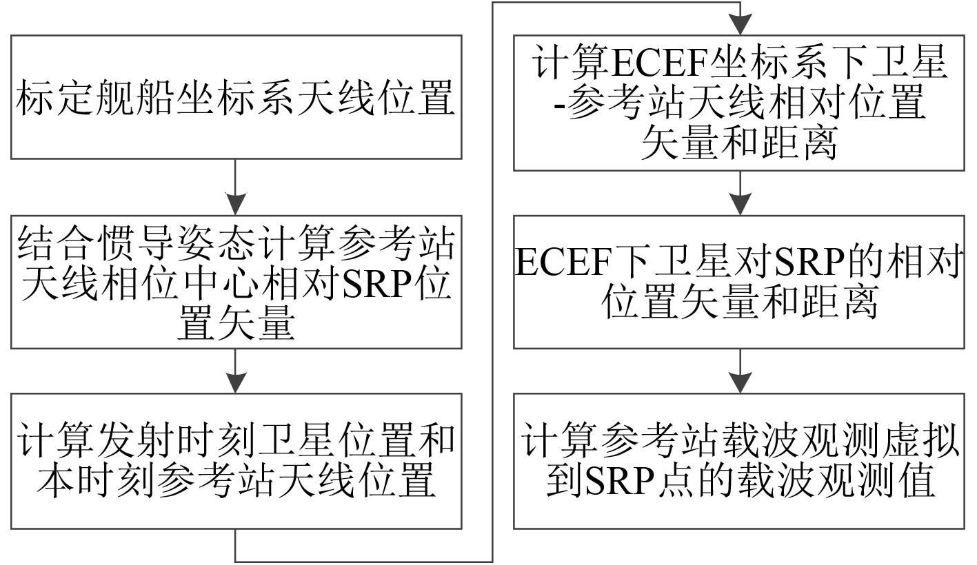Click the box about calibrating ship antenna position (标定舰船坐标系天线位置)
[236, 98]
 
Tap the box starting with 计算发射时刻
[236, 461]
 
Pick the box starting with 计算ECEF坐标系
[739, 103]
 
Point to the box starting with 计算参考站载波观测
[739, 461]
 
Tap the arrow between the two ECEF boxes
[740, 194]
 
